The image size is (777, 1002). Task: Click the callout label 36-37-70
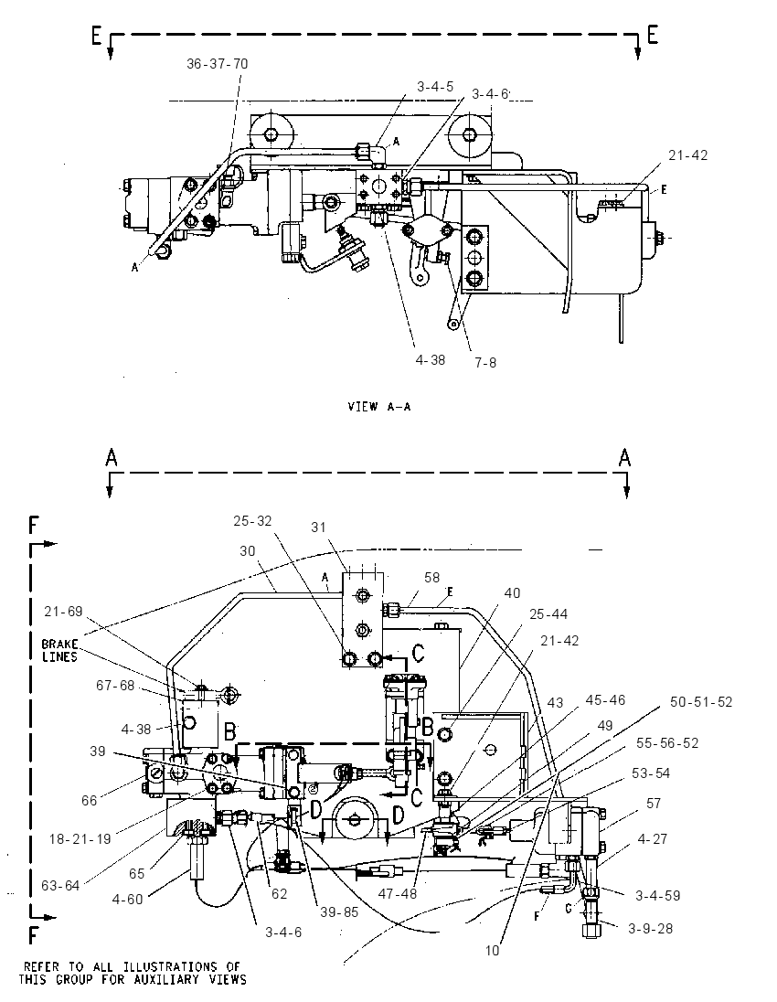pos(218,64)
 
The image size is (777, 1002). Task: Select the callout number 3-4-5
pos(435,86)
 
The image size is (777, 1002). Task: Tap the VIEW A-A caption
pos(379,407)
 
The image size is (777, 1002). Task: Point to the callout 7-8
pos(485,363)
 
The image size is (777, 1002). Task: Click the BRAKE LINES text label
pos(59,651)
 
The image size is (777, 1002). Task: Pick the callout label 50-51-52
pos(701,701)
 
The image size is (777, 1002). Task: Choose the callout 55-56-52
pos(667,743)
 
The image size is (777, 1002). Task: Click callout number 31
pos(318,528)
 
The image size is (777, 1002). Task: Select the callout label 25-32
pos(252,521)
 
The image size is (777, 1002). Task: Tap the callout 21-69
pos(63,612)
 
